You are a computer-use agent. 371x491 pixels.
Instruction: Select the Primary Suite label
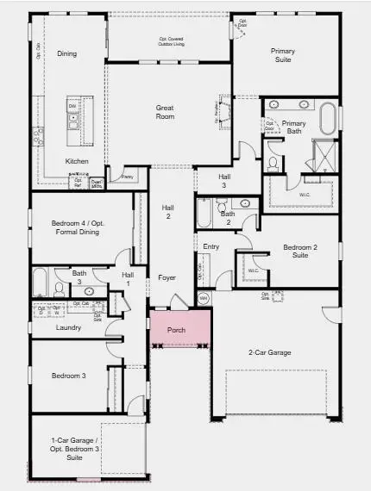282,56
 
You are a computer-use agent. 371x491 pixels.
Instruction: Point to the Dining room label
66,53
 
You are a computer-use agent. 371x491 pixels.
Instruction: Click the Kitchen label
77,161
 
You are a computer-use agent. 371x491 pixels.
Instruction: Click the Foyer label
167,277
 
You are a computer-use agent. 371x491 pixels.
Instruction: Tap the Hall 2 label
167,212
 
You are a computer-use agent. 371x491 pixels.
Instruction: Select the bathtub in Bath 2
204,213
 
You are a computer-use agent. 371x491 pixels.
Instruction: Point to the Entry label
211,247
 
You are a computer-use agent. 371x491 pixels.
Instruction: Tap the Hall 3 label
223,181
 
